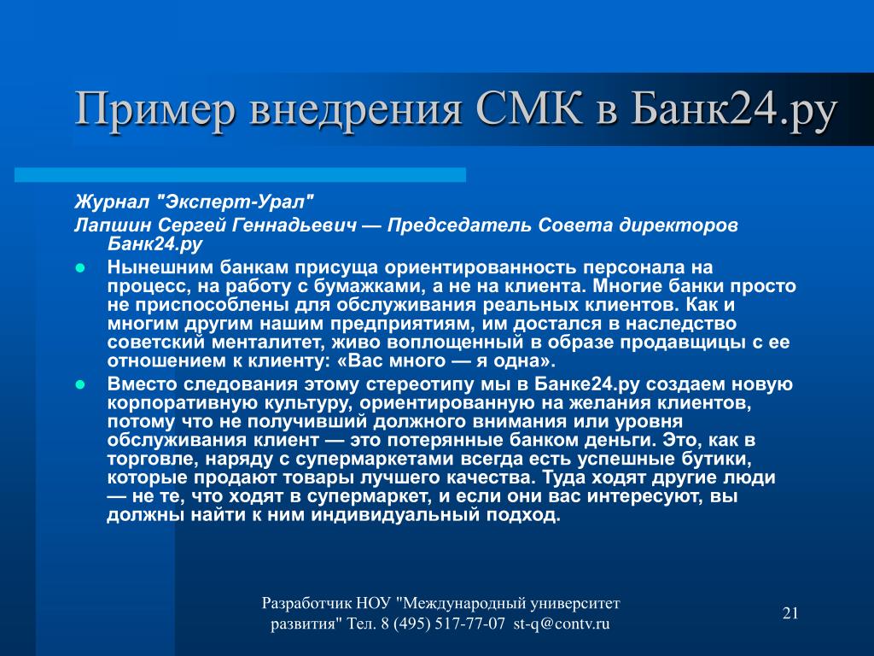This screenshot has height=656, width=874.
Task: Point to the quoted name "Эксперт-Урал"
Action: pos(236,202)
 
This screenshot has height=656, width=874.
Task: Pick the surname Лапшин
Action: pos(114,225)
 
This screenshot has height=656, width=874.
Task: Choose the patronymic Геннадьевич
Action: pos(294,225)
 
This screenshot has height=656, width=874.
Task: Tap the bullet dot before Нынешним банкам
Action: pos(79,268)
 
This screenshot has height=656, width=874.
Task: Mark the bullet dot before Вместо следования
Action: pos(79,385)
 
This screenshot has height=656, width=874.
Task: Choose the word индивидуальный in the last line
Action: pos(396,515)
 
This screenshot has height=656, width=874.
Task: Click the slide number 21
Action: pos(790,613)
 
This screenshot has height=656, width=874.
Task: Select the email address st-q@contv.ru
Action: pos(562,624)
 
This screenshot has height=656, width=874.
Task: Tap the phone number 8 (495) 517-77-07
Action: pos(443,624)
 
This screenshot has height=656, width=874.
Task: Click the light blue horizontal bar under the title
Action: pos(240,174)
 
